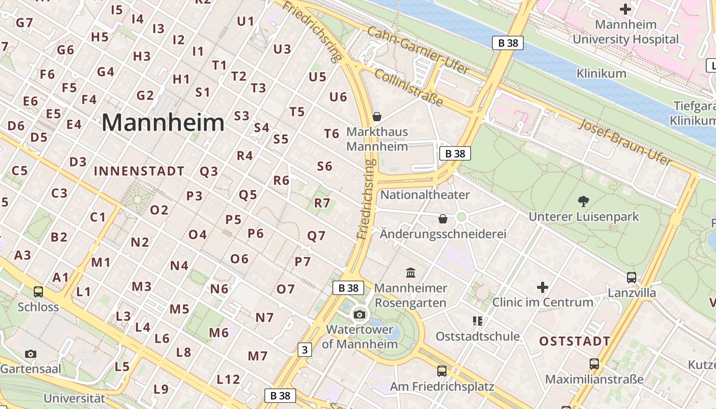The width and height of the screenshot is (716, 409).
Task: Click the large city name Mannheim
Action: click(163, 123)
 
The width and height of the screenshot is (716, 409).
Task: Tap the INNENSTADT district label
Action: click(139, 171)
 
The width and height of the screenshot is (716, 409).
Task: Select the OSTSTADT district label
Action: click(575, 341)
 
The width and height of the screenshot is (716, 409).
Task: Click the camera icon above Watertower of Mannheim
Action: click(360, 314)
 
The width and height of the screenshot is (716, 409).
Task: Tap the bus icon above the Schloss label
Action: click(38, 291)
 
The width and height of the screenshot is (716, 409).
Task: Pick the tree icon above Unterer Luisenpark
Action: click(583, 201)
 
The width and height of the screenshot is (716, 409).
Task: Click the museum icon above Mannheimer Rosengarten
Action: click(411, 272)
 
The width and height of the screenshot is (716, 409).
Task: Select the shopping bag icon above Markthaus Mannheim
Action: click(377, 117)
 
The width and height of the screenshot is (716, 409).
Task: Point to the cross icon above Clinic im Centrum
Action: click(543, 287)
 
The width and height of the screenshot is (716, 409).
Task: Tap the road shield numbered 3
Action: click(305, 350)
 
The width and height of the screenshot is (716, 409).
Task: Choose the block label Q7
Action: click(316, 236)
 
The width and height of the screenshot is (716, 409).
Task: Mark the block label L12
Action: click(228, 379)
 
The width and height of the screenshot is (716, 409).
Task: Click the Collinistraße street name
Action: click(409, 87)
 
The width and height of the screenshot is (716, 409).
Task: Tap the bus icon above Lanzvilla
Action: click(632, 278)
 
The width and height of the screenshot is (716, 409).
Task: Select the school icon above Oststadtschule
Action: click(478, 321)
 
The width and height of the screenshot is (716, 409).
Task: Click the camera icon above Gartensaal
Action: click(31, 354)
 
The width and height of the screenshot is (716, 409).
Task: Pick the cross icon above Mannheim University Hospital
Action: click(625, 9)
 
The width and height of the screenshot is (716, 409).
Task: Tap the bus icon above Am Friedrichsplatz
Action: click(442, 371)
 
